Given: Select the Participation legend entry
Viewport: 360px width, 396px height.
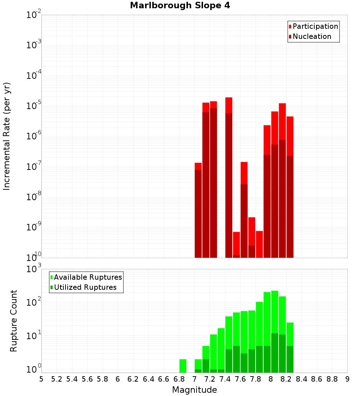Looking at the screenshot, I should pos(313,26).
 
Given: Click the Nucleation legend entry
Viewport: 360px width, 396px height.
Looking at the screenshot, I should pos(310,36).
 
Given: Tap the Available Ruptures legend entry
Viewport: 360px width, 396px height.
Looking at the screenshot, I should pos(86,277).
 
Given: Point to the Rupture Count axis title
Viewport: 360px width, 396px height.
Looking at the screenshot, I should pos(14,320).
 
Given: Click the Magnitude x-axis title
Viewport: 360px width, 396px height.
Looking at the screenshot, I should pos(194,390).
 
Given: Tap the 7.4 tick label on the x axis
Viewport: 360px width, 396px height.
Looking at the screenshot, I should pos(225,379).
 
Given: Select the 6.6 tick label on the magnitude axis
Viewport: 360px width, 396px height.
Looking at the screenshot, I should pos(164,379).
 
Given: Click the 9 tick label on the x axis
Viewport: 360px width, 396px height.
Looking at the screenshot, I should pos(347,379).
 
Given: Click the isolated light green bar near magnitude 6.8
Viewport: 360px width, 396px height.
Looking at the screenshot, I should pos(183,366).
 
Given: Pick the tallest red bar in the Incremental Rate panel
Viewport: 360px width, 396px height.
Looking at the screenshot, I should pos(229,104).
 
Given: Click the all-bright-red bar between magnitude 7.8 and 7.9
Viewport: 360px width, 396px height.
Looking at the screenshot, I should pos(259,244).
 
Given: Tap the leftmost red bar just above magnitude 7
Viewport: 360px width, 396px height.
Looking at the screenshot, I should pos(198,212).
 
